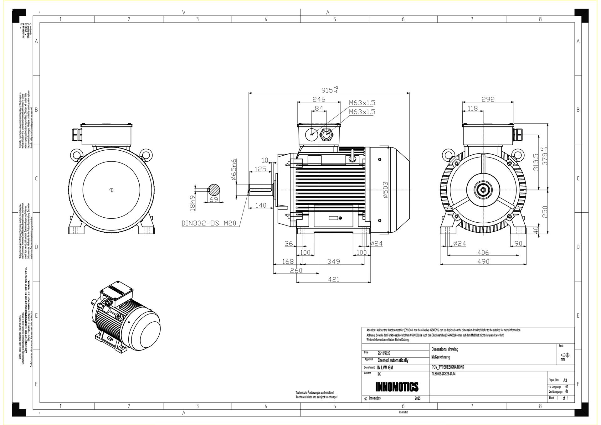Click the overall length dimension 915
click(x=327, y=90)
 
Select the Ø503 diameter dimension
click(x=385, y=189)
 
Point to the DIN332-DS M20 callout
click(x=208, y=223)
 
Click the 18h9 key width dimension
click(x=193, y=203)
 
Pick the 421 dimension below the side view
click(x=333, y=279)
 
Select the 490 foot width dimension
click(x=483, y=261)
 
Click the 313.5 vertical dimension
click(x=536, y=162)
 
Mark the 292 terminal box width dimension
click(x=488, y=99)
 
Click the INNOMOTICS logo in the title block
click(x=397, y=387)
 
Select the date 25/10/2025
click(x=384, y=353)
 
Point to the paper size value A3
click(x=565, y=380)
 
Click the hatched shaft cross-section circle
click(x=214, y=189)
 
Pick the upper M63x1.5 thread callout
click(x=362, y=103)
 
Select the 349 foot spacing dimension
click(x=333, y=261)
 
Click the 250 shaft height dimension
click(x=545, y=212)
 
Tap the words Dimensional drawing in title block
click(x=444, y=349)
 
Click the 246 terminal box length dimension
click(x=319, y=99)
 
